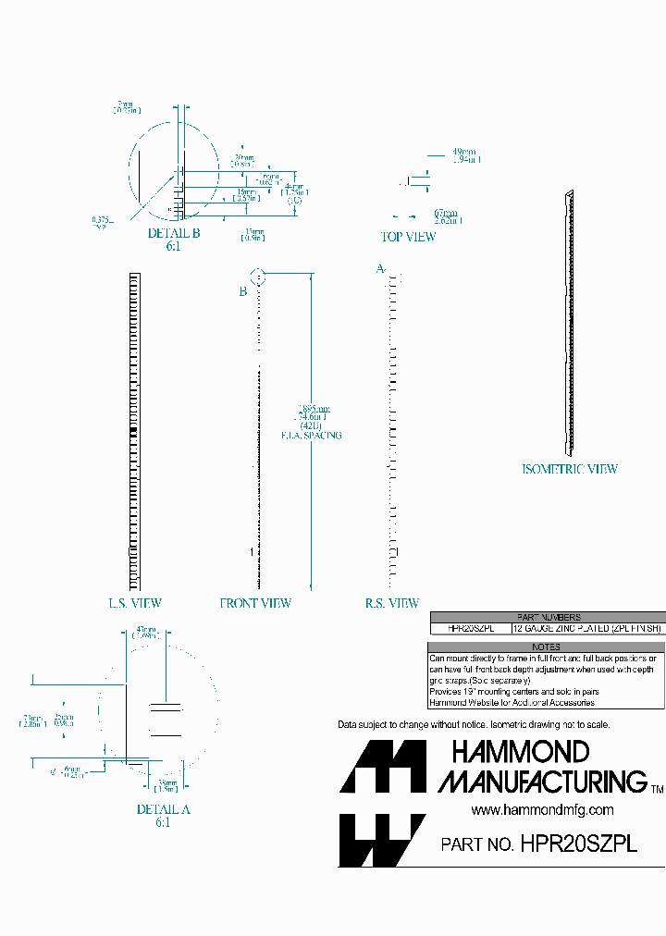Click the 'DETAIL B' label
tap(174, 233)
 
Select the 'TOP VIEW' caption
tap(408, 237)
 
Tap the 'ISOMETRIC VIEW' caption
tap(570, 469)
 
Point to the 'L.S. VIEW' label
tap(135, 603)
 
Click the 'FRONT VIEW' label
tap(255, 603)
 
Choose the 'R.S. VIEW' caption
tap(392, 603)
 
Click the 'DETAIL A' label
tap(163, 809)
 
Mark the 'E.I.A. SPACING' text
tap(311, 435)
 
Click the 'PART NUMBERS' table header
tap(548, 617)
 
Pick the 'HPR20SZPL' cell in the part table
tap(471, 628)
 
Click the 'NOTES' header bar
tap(548, 647)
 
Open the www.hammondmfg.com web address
tap(542, 809)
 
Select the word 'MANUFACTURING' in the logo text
tap(543, 782)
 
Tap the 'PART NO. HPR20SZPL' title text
tap(539, 844)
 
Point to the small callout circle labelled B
tap(258, 277)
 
